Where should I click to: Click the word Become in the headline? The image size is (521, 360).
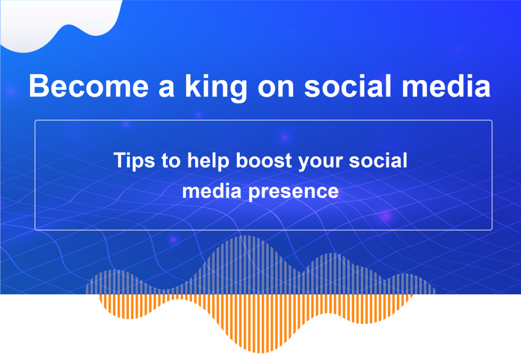pos(89,86)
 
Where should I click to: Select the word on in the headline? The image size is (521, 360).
pos(276,89)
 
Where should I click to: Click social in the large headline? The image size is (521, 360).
pos(348,86)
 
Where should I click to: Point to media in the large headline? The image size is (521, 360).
pos(446,86)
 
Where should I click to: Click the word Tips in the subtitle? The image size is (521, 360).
pos(134,161)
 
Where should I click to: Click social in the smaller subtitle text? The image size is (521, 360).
pos(378,160)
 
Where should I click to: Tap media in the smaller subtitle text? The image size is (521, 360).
pos(212,190)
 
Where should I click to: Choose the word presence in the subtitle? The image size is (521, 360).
pos(294,192)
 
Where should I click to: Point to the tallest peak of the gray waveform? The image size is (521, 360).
pos(245,237)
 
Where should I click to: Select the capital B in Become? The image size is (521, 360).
pos(39,86)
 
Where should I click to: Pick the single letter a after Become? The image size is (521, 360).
pos(166,89)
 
